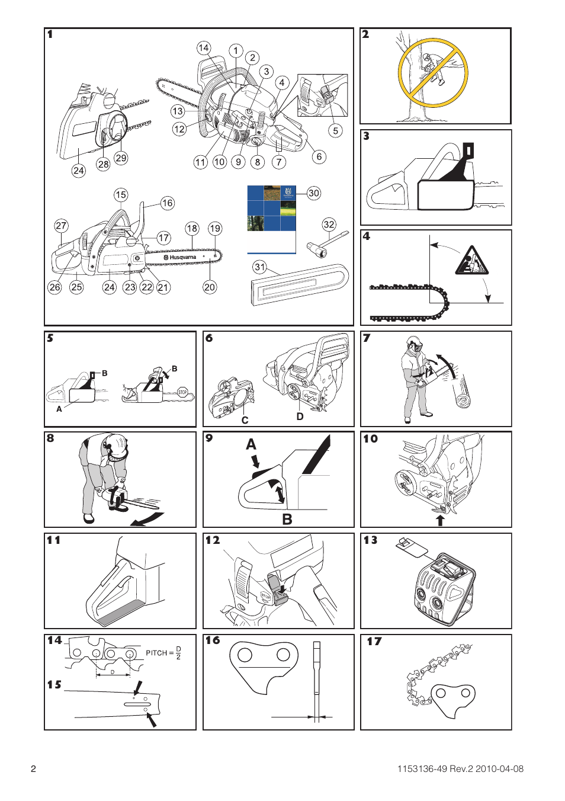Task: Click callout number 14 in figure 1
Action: [x=203, y=48]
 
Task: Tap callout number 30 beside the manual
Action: [x=314, y=193]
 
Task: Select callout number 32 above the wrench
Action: [x=329, y=225]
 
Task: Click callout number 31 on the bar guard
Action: [x=259, y=267]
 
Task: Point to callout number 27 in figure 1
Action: [x=61, y=226]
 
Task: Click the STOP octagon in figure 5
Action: [x=182, y=392]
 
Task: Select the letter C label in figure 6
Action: [x=245, y=420]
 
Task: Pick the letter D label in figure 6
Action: [x=300, y=416]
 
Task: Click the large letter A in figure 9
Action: [x=251, y=444]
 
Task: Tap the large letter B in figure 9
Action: [x=287, y=519]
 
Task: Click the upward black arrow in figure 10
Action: [x=440, y=520]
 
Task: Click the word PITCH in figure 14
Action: [x=156, y=653]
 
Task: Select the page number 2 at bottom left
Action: [x=34, y=769]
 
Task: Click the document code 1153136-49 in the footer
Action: [x=422, y=769]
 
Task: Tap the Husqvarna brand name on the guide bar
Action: [x=182, y=258]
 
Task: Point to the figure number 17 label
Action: [x=374, y=641]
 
